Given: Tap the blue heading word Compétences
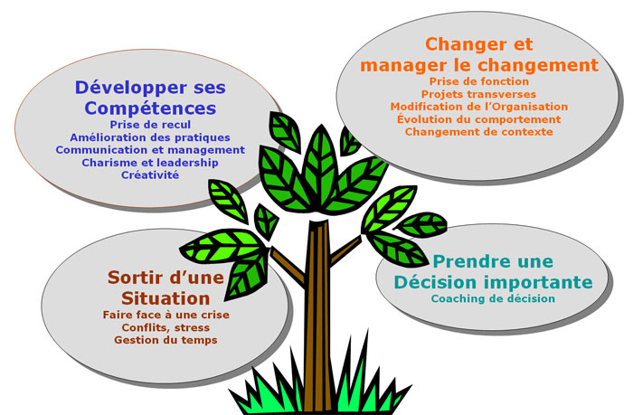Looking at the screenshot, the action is (x=150, y=108).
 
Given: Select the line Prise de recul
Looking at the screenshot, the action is (x=150, y=125).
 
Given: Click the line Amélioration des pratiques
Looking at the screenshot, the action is (x=150, y=137).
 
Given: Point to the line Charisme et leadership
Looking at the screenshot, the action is (x=150, y=163).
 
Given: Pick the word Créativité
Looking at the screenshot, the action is (x=150, y=174).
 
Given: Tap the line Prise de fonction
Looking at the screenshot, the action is (x=479, y=81).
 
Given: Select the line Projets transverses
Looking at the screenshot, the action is (x=478, y=94).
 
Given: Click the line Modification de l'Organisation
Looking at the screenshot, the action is (x=479, y=107).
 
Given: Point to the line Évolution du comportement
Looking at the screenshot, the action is (x=479, y=119).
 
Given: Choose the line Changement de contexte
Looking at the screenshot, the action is (x=479, y=132).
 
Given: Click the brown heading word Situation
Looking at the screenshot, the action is (x=165, y=298).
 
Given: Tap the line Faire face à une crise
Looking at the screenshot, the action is (x=165, y=315).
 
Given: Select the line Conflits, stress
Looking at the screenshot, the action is (x=165, y=327).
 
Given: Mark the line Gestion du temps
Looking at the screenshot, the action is (x=165, y=340).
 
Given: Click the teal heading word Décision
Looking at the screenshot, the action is (x=437, y=282).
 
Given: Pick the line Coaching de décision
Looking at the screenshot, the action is (x=493, y=298).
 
